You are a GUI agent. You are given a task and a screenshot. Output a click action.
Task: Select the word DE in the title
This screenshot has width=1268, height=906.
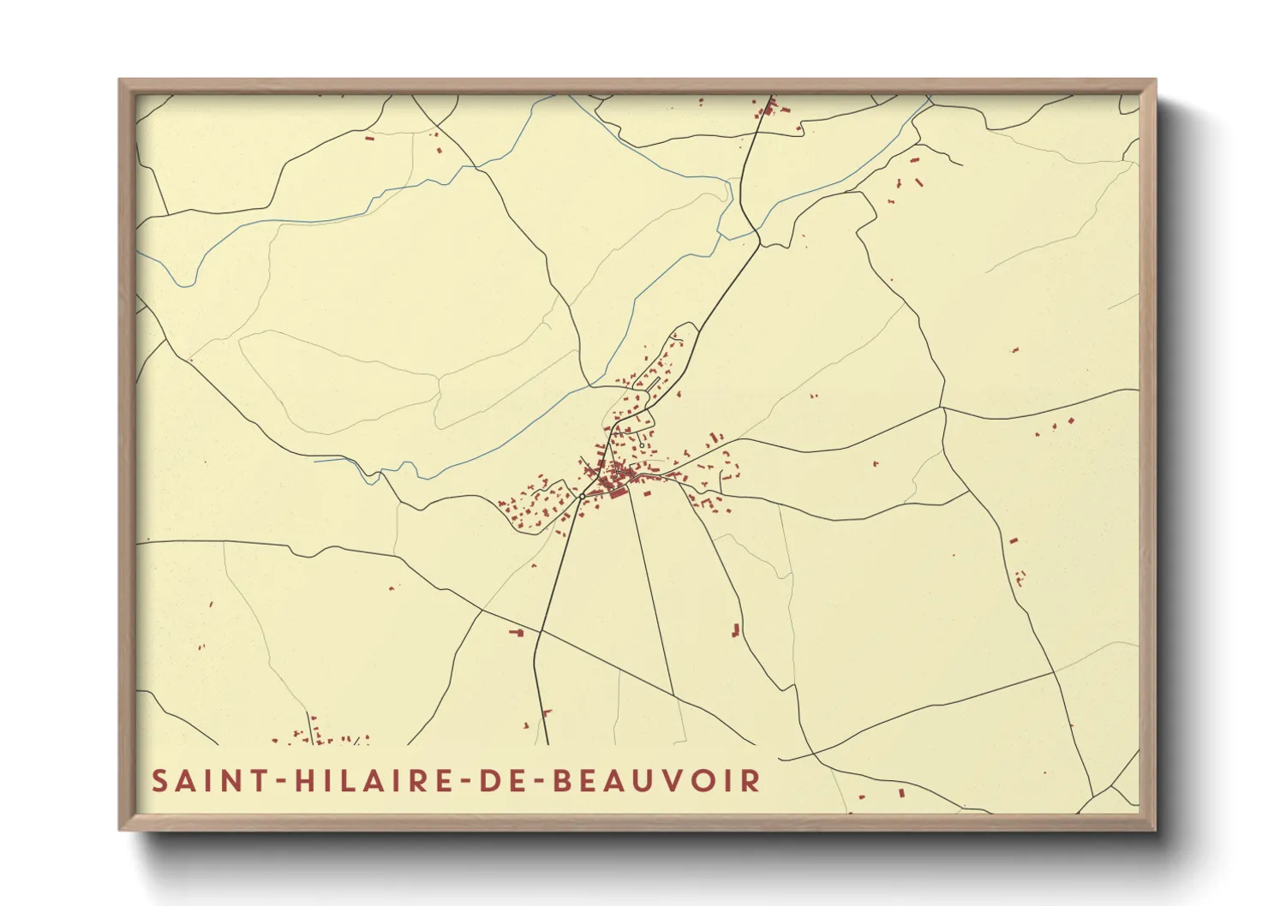pyautogui.click(x=497, y=781)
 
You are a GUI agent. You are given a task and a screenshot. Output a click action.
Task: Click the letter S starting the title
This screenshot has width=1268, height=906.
pyautogui.click(x=160, y=781)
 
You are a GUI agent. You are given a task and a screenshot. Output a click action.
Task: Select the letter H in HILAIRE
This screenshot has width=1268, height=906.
pyautogui.click(x=302, y=781)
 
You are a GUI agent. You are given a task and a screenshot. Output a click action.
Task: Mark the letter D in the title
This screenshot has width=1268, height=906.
pyautogui.click(x=485, y=781)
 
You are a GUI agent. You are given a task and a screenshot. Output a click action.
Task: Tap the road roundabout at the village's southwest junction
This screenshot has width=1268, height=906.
pyautogui.click(x=582, y=496)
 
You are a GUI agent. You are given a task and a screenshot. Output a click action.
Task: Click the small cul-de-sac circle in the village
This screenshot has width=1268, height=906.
pyautogui.click(x=642, y=445)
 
